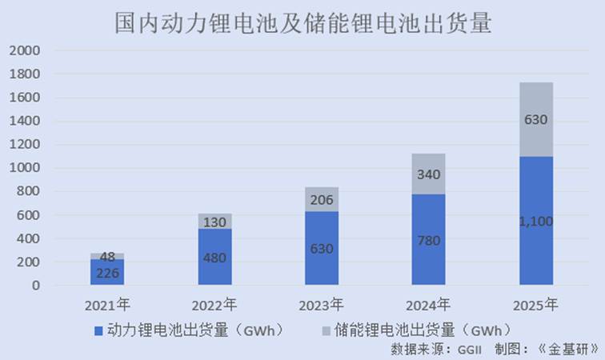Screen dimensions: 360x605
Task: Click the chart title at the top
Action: tap(302, 22)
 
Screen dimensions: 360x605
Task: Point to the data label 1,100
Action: tap(536, 222)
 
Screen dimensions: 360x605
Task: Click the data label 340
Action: tap(429, 174)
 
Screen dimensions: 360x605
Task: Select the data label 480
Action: tap(214, 258)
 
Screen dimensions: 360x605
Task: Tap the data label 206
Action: tap(322, 200)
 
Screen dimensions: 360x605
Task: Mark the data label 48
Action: tap(107, 257)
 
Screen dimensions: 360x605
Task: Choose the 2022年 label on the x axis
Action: tap(214, 305)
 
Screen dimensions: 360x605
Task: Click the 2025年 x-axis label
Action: tap(536, 305)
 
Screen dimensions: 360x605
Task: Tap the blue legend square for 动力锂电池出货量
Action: tap(98, 330)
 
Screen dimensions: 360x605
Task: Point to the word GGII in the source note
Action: tap(471, 349)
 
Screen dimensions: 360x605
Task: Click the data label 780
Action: tap(429, 240)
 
